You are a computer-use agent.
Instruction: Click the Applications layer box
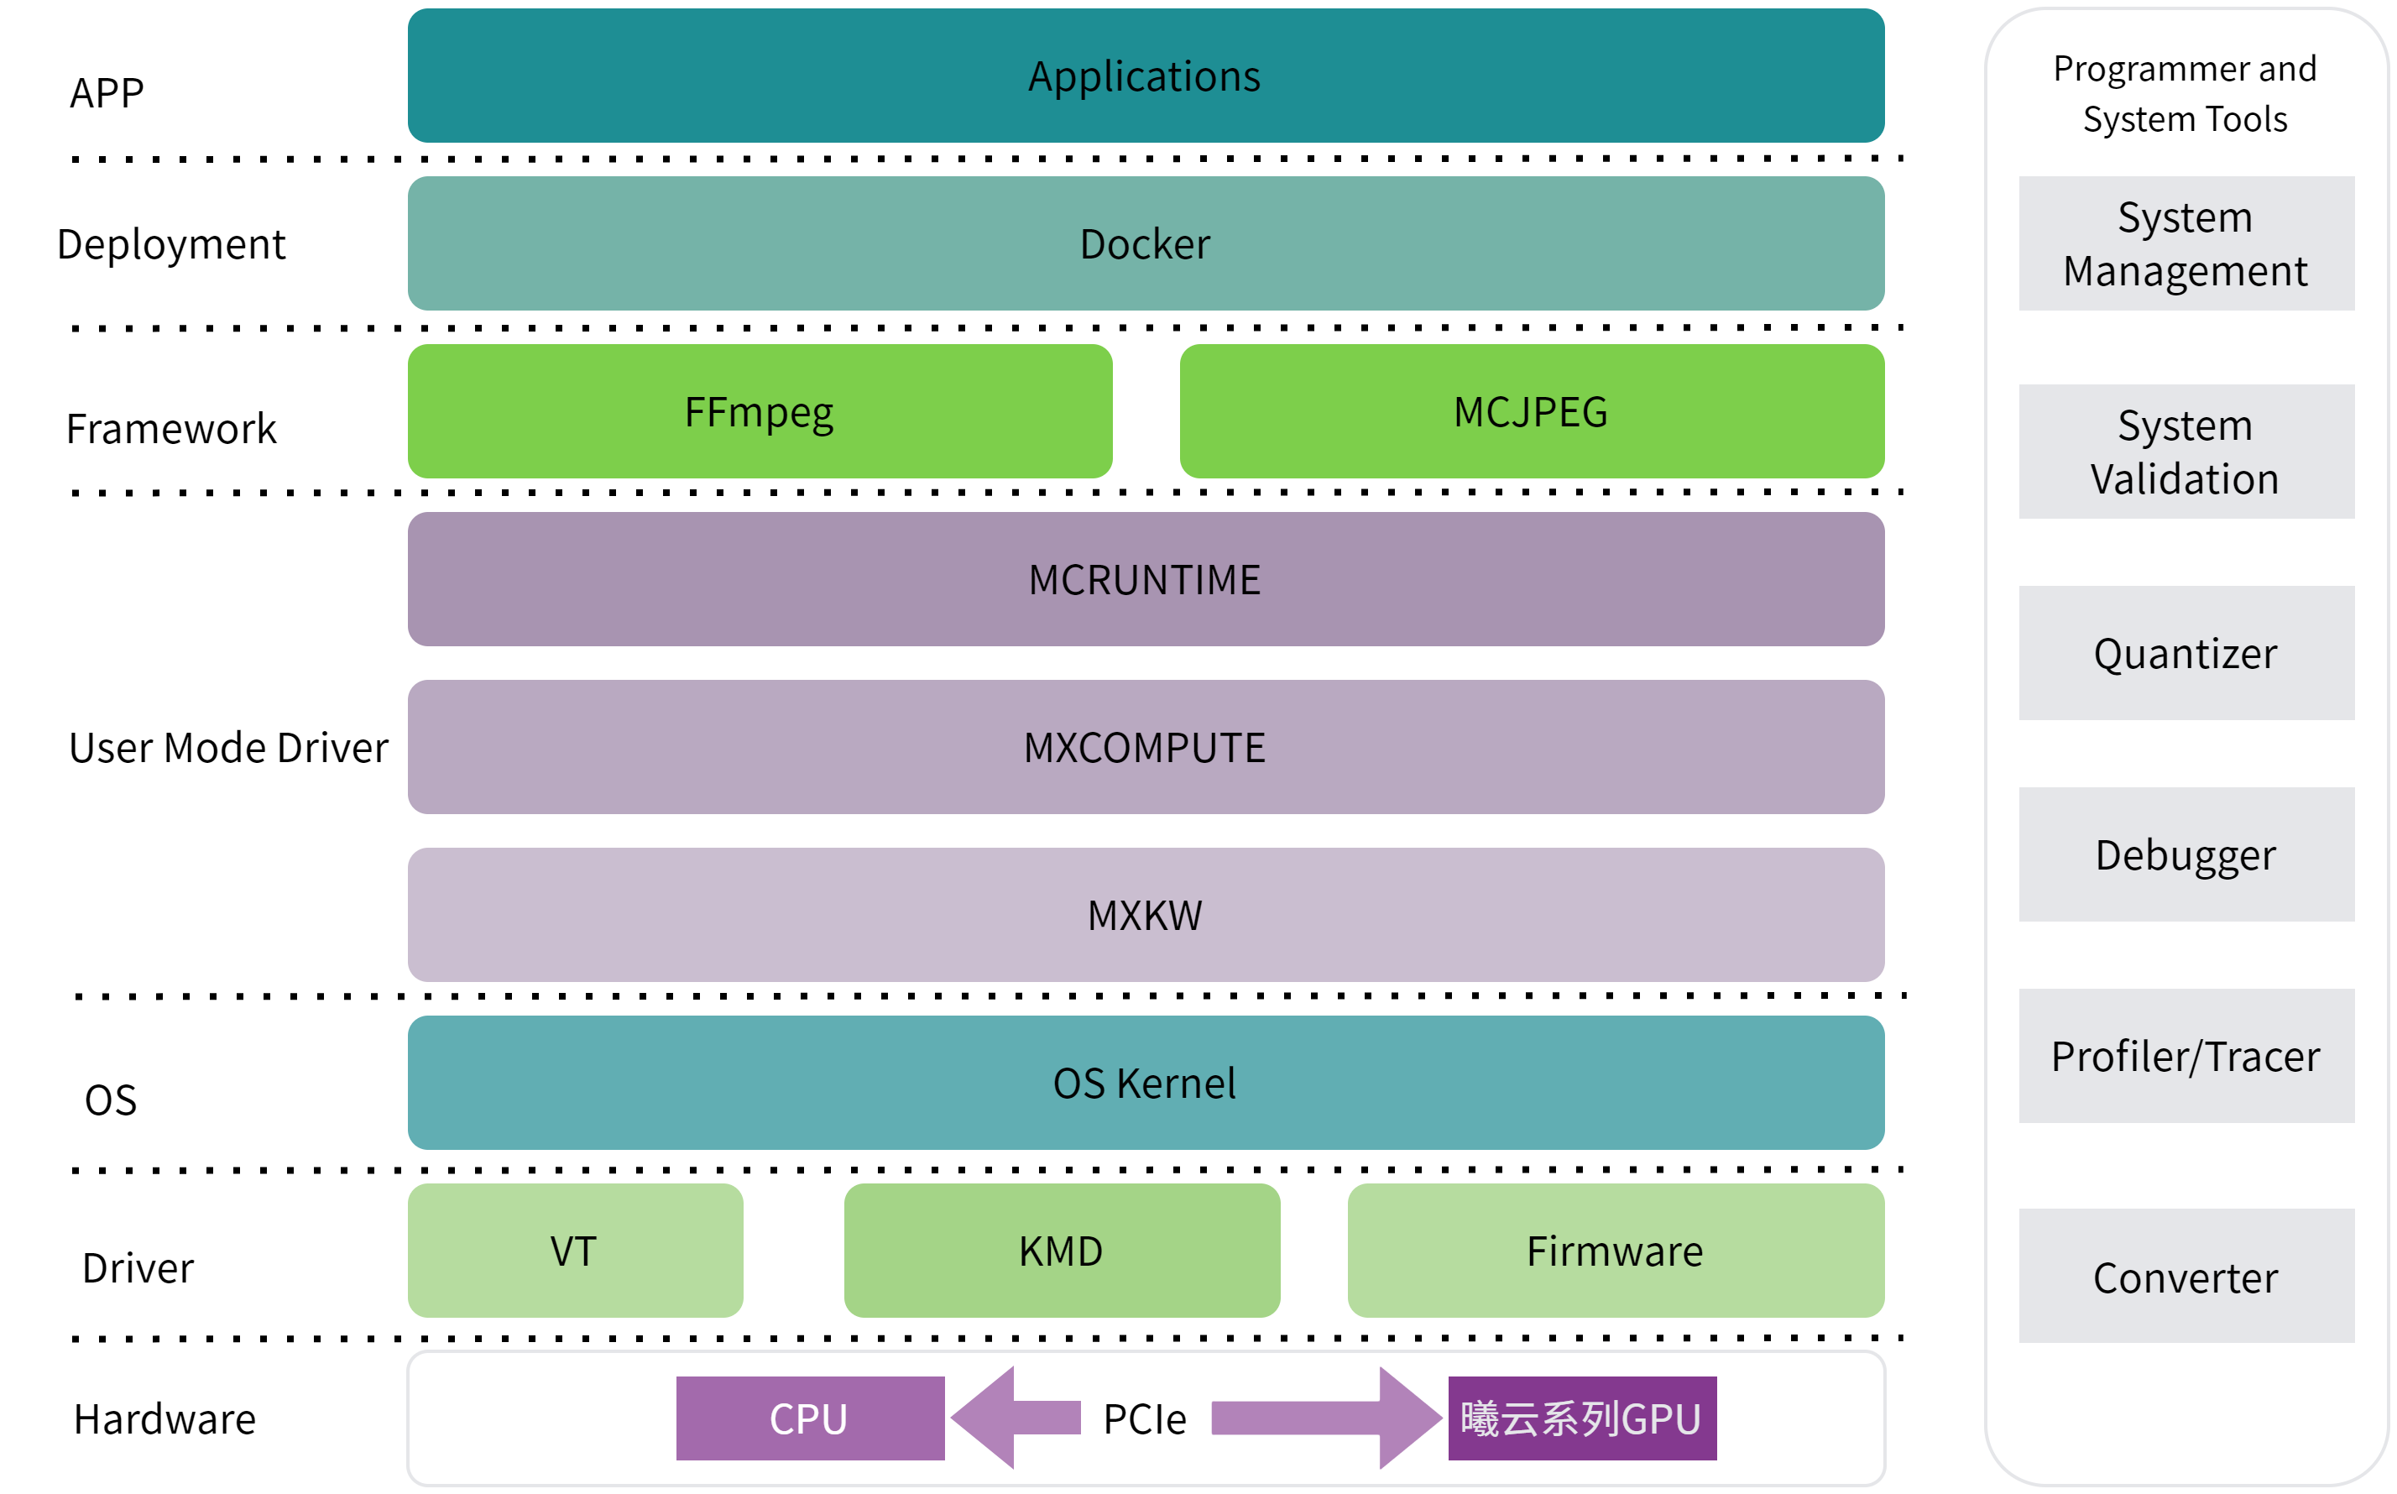(1145, 76)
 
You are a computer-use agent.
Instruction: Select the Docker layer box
(1145, 244)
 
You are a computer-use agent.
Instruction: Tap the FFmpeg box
(760, 412)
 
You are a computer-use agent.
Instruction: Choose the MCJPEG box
(1532, 412)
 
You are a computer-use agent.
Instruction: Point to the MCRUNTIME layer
(1145, 580)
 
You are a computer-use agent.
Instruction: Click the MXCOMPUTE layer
(1145, 748)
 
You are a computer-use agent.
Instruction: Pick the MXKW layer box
(1145, 916)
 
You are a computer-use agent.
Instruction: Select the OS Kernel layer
(1145, 1083)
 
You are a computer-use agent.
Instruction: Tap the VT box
(575, 1251)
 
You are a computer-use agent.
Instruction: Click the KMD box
(1061, 1251)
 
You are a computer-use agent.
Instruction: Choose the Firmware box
(1616, 1251)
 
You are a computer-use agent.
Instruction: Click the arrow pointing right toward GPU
(1324, 1418)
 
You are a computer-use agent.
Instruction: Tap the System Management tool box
(2185, 244)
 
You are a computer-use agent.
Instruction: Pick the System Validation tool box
(2185, 452)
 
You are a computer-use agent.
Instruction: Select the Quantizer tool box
(2185, 654)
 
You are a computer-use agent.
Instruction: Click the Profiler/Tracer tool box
(2185, 1056)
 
